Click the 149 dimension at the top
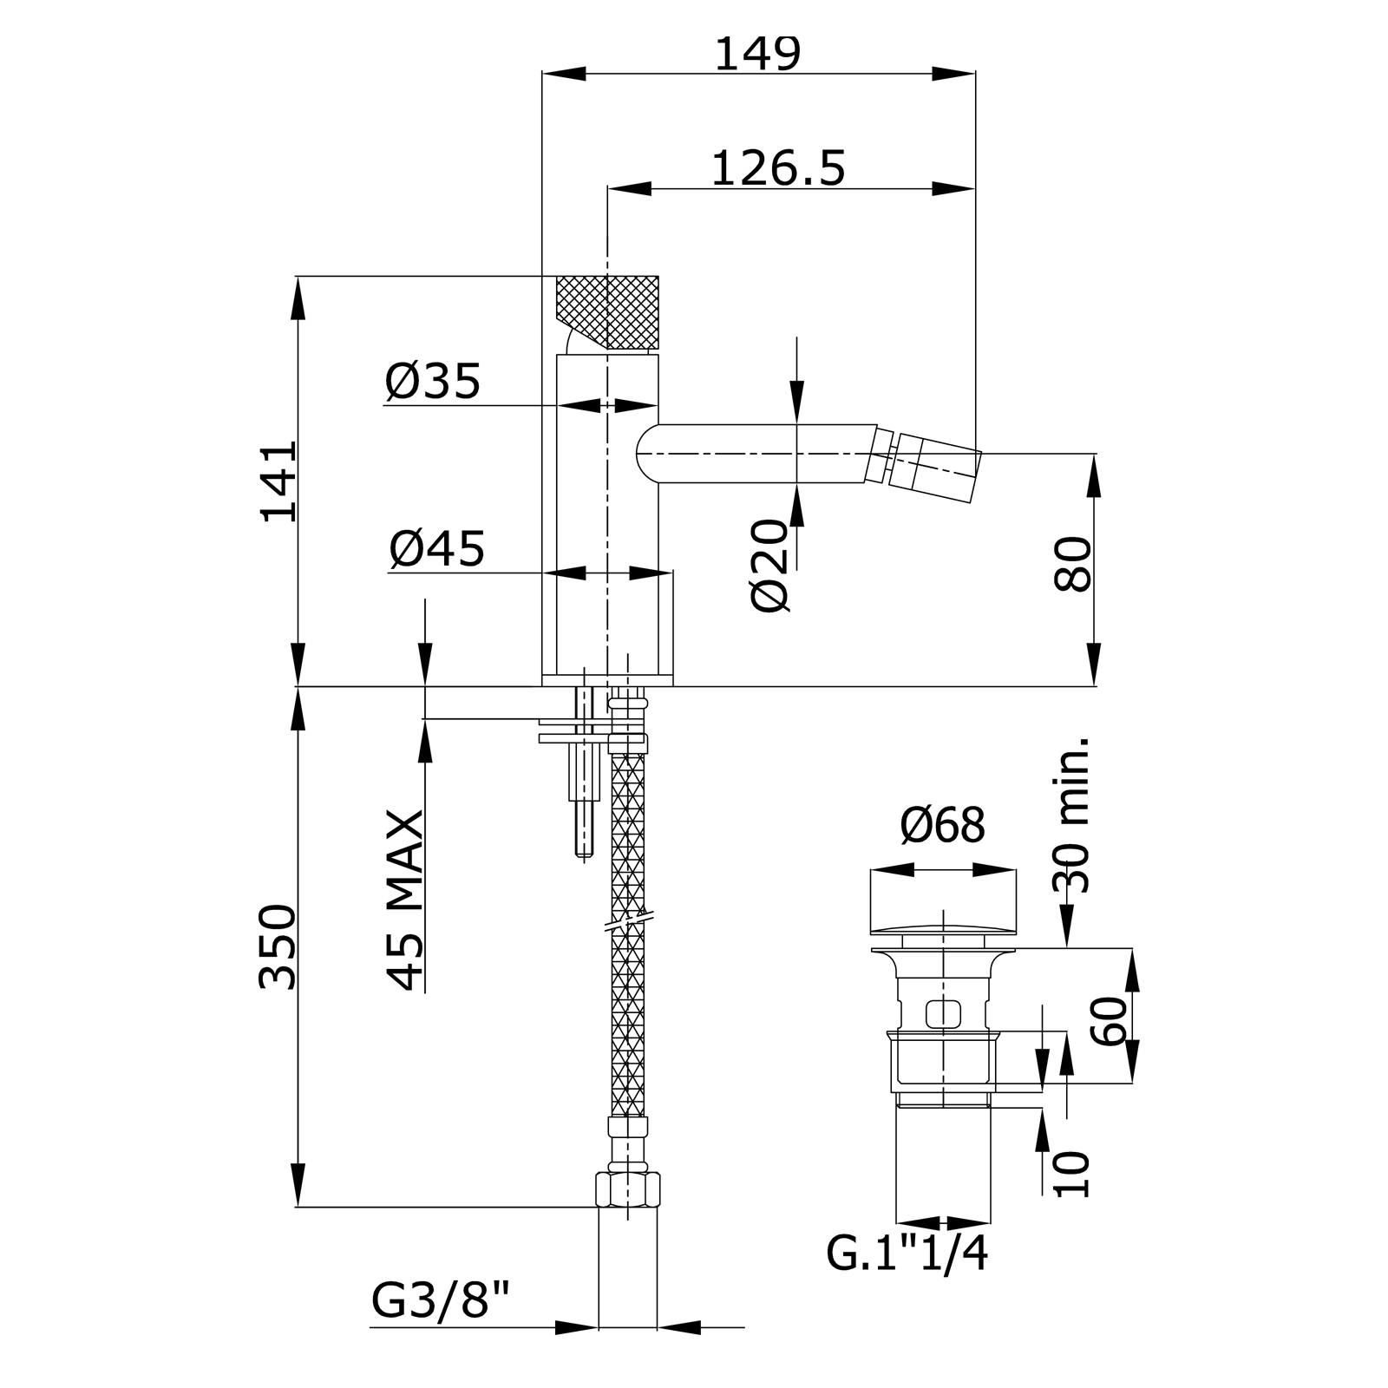757,54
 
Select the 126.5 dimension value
777,167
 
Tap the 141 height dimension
279,481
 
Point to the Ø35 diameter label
433,382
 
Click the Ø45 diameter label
437,548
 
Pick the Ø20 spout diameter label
770,566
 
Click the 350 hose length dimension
278,946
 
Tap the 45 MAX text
405,900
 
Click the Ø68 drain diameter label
943,825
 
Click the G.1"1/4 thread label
907,1254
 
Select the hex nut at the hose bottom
628,1189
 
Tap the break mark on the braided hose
628,920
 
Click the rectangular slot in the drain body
944,1012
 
